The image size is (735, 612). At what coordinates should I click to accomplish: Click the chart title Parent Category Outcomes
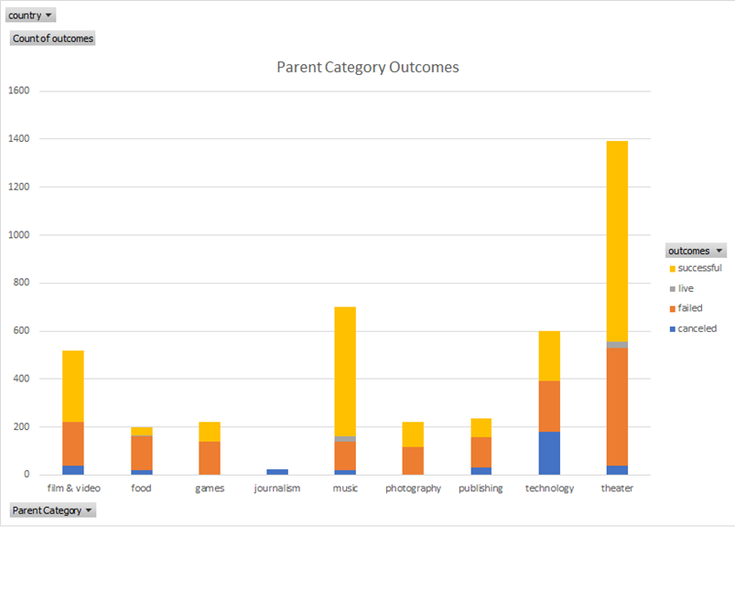[368, 68]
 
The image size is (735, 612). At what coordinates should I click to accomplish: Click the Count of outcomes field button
[52, 38]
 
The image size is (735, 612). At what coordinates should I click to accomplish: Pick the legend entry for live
[686, 288]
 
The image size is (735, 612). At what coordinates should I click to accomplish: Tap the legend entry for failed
[690, 308]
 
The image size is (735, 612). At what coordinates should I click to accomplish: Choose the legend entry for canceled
[697, 328]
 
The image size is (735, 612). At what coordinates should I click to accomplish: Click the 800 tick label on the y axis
[21, 283]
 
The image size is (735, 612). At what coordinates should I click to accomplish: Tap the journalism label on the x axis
[277, 489]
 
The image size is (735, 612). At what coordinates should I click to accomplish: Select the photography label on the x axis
[413, 489]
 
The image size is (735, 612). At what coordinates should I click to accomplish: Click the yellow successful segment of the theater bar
[617, 238]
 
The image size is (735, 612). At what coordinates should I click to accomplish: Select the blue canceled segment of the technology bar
[549, 453]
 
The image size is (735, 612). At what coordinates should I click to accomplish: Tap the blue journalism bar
[277, 472]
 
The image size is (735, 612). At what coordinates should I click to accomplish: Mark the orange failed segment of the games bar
[210, 457]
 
